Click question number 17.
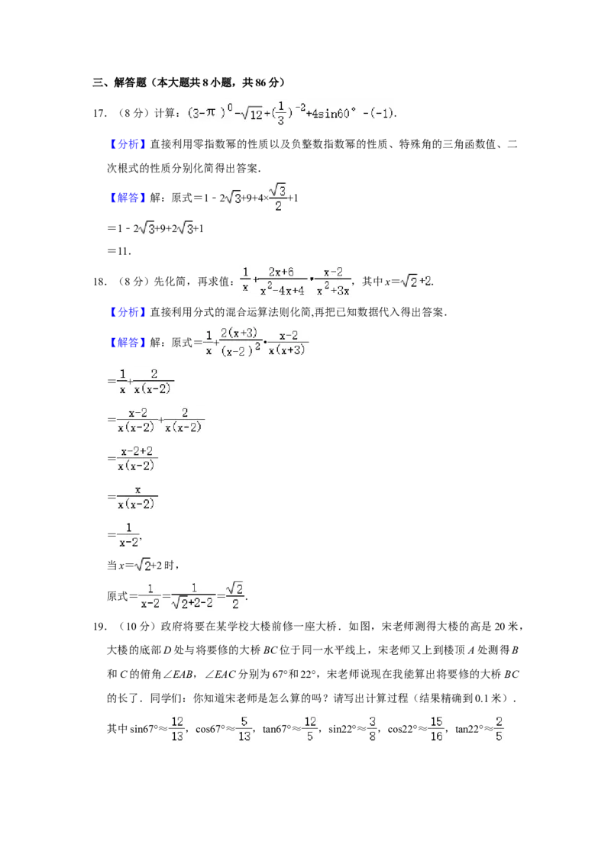100,114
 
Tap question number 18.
100,282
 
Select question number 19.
100,626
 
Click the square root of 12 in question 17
253,114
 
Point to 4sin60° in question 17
331,114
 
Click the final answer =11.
118,251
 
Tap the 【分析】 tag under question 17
127,144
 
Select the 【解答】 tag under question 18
127,342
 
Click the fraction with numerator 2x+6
282,280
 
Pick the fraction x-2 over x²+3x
333,280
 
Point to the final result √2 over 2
235,595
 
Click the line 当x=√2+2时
143,566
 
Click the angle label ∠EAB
186,674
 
